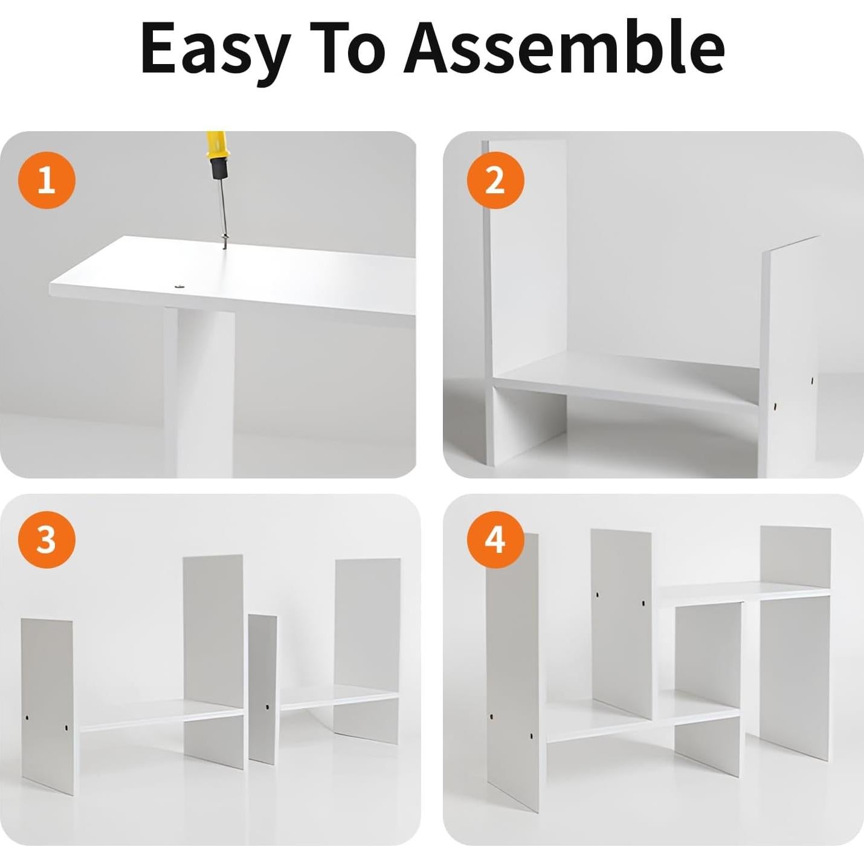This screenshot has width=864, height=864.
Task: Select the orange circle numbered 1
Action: tap(47, 180)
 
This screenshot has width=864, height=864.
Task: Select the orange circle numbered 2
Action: tap(495, 180)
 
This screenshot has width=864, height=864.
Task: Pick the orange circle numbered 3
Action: tap(47, 539)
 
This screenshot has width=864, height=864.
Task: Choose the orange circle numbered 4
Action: tap(495, 539)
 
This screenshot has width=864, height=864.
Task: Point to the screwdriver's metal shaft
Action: tap(222, 205)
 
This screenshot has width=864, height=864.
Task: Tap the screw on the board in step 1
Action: tap(180, 287)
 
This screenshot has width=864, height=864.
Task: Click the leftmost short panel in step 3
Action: tap(47, 704)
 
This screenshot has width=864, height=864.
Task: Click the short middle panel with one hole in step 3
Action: tap(262, 689)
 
